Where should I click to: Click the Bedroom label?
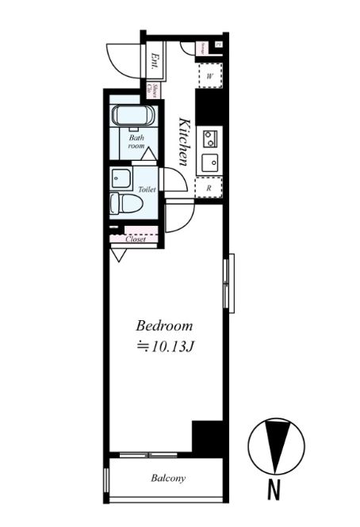tap(165, 326)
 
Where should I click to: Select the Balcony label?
tap(168, 478)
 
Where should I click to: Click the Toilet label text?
tap(147, 190)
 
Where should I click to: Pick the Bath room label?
tap(136, 142)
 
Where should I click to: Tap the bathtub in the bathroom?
tap(133, 116)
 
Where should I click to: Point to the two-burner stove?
tap(210, 139)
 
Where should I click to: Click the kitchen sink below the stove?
tap(210, 164)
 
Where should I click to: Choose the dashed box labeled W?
tap(210, 76)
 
